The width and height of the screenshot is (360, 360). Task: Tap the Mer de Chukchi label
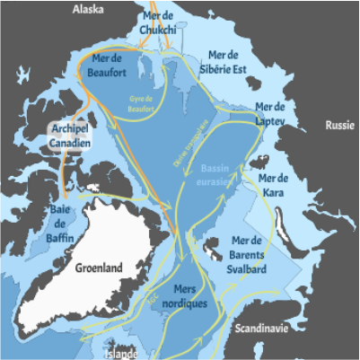[159, 24]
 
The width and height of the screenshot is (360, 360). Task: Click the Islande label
[119, 354]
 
